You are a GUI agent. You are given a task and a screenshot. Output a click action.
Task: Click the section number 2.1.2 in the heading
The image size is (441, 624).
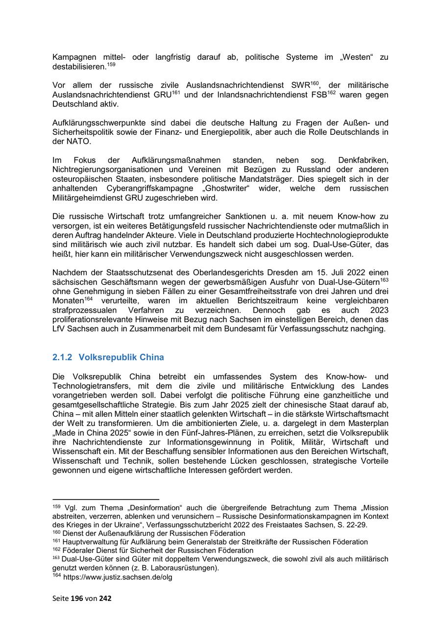click(62, 357)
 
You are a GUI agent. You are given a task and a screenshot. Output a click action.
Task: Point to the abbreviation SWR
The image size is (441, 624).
click(301, 86)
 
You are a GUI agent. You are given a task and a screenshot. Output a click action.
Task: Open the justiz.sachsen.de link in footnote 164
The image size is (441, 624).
click(118, 577)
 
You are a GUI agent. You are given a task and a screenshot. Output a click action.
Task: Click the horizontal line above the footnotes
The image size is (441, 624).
click(106, 499)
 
